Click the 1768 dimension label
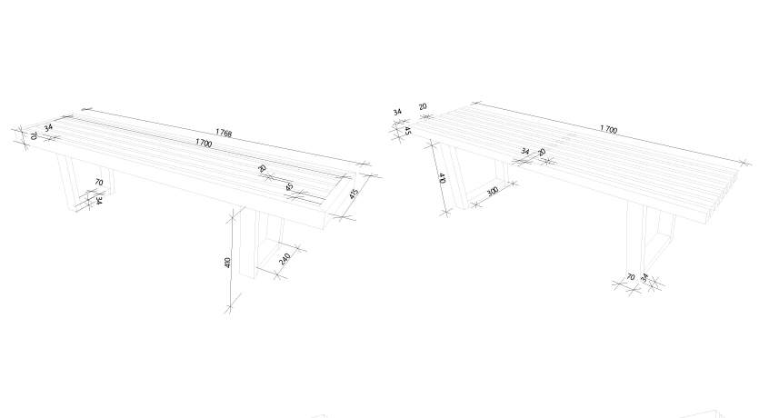point(223,133)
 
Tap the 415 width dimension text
point(354,194)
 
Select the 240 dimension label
point(285,259)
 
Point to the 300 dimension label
point(493,191)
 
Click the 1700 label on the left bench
point(204,144)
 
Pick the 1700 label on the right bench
point(608,129)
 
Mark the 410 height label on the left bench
point(227,263)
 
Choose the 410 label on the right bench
point(442,178)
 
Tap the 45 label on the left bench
point(289,186)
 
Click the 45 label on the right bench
point(407,131)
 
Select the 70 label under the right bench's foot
point(630,277)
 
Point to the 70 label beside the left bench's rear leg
point(99,183)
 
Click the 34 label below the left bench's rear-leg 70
point(99,200)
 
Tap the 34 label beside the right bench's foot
point(644,278)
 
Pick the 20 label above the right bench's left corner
point(423,106)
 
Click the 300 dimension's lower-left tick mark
point(476,204)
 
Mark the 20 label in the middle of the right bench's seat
point(542,152)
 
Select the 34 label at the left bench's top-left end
point(48,128)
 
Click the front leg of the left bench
point(247,244)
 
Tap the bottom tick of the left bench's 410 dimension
point(230,307)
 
